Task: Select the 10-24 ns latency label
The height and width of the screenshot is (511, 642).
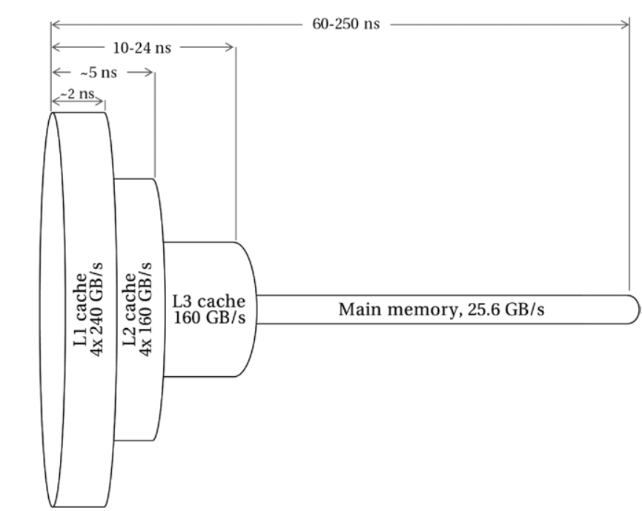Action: pos(142,49)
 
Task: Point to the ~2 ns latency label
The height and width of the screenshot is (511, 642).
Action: pos(76,96)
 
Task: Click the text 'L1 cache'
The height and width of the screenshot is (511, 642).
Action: pos(79,309)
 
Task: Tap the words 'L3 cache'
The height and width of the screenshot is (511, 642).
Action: pos(209,302)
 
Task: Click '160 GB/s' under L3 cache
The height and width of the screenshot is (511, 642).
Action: pos(209,318)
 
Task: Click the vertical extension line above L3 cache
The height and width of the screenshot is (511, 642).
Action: pos(235,148)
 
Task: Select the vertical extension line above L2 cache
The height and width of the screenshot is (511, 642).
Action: pos(154,126)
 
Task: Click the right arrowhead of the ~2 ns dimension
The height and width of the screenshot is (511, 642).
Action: pos(102,100)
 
